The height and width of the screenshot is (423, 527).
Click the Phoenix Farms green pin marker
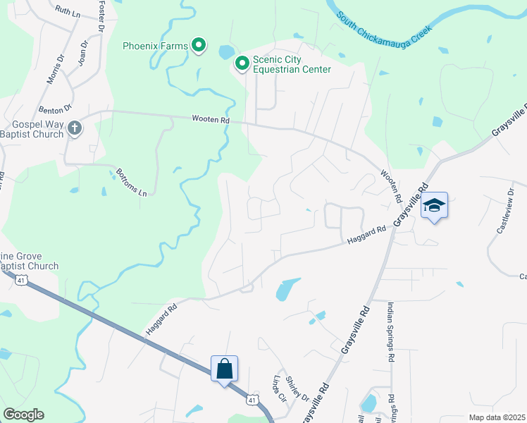[199, 46]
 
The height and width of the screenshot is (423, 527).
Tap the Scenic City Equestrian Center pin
[242, 64]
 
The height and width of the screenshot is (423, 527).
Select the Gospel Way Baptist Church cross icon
[75, 128]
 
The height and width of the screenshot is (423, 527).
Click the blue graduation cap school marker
[435, 206]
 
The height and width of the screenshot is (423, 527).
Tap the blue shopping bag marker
[224, 369]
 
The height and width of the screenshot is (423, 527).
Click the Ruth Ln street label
[67, 12]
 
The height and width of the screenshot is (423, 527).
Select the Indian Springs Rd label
[390, 333]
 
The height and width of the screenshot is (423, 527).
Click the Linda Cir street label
[280, 390]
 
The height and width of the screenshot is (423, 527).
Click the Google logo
[23, 415]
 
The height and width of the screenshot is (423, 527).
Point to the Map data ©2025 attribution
[496, 417]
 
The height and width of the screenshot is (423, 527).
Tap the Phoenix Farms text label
[155, 47]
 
